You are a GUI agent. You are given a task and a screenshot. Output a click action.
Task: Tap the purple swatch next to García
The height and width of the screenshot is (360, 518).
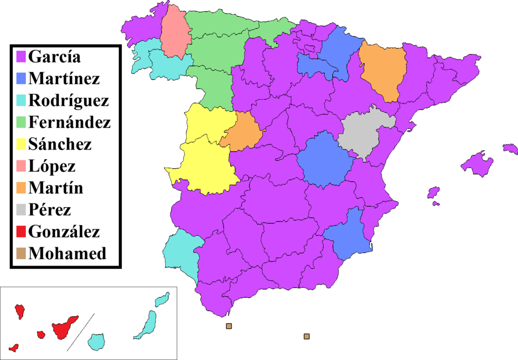pos(21,56)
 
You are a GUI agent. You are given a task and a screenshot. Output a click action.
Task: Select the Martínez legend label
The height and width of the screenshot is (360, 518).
pos(64,78)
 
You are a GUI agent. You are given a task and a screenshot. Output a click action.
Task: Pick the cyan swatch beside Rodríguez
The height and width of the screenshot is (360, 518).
pos(21,100)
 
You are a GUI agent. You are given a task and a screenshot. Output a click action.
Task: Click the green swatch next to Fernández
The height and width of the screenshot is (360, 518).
pos(21,123)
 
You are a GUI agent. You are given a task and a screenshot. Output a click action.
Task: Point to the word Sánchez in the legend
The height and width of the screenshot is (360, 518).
pos(59,144)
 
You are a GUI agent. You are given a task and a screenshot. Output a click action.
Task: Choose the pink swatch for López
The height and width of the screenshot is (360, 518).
pos(21,166)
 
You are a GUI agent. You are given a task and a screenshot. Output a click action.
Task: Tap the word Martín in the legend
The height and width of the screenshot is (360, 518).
pos(56,188)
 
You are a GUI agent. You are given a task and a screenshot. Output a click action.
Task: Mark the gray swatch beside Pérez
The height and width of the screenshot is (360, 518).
pos(21,210)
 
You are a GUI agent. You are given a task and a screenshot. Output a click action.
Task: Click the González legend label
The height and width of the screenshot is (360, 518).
pos(64,232)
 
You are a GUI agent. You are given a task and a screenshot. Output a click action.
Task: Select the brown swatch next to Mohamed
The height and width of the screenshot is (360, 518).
pos(21,254)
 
